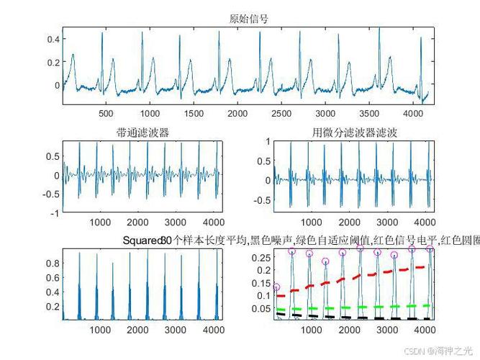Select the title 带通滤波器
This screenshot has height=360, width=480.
(142, 132)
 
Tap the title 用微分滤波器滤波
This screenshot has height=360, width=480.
(354, 132)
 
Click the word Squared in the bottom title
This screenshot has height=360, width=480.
(142, 240)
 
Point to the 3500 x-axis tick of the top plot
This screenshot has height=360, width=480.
(370, 114)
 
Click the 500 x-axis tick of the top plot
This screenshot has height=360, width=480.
(106, 114)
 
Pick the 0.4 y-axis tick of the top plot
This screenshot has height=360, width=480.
(53, 39)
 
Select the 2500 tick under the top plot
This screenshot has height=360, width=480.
(282, 114)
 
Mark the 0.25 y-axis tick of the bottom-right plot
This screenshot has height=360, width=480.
(262, 257)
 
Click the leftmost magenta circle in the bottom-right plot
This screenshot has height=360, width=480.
(276, 287)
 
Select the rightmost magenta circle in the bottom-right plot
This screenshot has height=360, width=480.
(430, 249)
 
